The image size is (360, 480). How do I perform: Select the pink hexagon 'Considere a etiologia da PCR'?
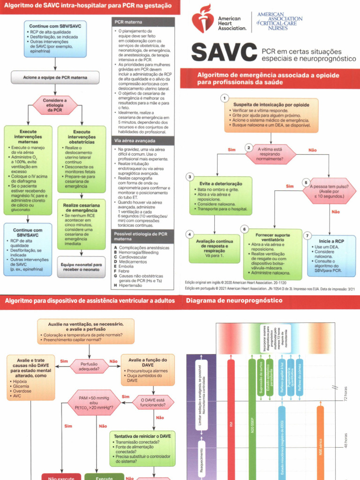(x=55, y=105)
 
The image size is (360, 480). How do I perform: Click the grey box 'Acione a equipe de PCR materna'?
(x=55, y=77)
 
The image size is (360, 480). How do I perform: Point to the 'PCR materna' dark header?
(x=144, y=22)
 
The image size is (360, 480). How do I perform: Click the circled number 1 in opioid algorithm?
(x=225, y=98)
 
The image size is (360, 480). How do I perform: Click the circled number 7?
(x=307, y=236)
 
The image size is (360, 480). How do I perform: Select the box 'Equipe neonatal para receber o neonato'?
(x=82, y=267)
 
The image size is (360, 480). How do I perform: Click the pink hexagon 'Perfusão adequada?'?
(x=89, y=366)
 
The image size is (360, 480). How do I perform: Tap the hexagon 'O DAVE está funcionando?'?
(x=153, y=403)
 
